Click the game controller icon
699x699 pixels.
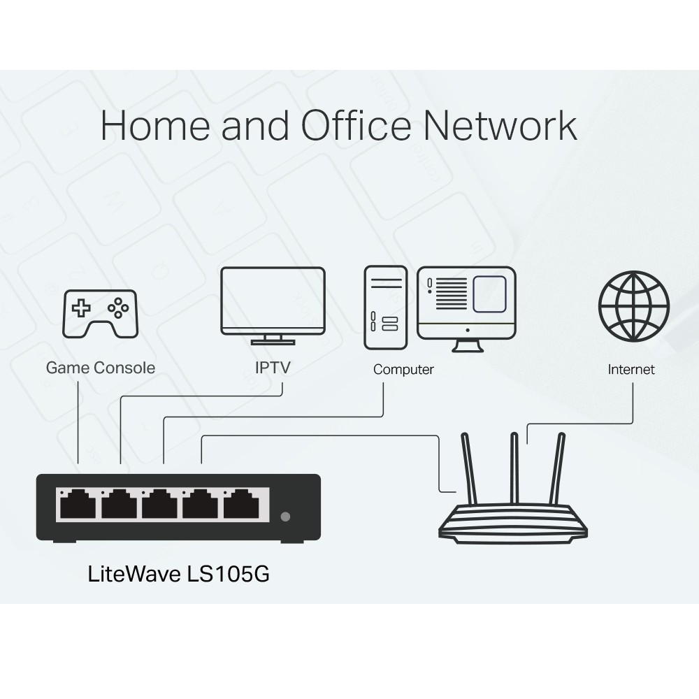coord(101,312)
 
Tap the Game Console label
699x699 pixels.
coord(101,368)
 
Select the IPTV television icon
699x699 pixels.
coord(273,305)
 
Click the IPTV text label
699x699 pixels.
coord(273,368)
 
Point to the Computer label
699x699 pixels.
coord(403,370)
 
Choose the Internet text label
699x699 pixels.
coord(631,370)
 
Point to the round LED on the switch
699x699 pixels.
coord(284,517)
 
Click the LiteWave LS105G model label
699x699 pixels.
coord(178,575)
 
